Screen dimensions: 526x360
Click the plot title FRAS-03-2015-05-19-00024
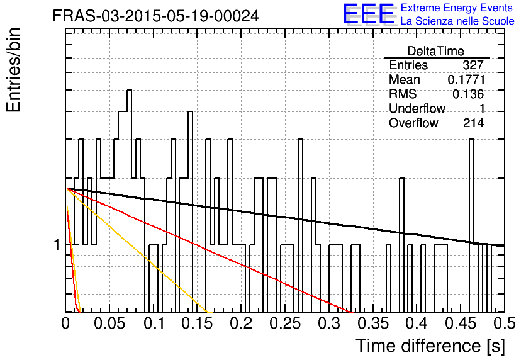[156, 16]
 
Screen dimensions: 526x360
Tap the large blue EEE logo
[369, 14]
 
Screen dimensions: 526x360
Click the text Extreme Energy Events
[457, 8]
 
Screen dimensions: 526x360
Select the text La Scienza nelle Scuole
[457, 21]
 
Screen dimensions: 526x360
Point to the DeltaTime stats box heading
[436, 51]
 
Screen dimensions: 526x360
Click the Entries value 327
[473, 65]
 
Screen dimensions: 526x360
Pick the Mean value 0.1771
[466, 79]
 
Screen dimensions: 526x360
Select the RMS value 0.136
[468, 94]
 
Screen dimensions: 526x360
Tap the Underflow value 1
[482, 108]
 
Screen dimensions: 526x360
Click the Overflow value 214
[473, 123]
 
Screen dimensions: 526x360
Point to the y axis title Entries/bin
[14, 70]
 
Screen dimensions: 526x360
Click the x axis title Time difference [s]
[430, 346]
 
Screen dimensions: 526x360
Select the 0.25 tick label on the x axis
[285, 323]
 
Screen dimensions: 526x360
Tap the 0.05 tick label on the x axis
[109, 323]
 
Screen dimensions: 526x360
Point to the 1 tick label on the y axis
[57, 245]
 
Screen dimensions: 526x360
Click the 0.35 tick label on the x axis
[373, 323]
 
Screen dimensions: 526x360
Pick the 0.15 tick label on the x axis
[198, 323]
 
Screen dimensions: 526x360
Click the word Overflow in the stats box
[413, 123]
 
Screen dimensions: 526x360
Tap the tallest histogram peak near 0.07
[129, 91]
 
